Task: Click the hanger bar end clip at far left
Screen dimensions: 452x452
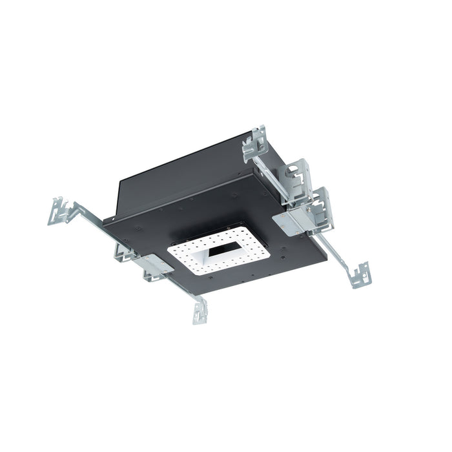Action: [x=59, y=211]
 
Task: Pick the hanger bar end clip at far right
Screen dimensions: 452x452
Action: [x=360, y=274]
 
